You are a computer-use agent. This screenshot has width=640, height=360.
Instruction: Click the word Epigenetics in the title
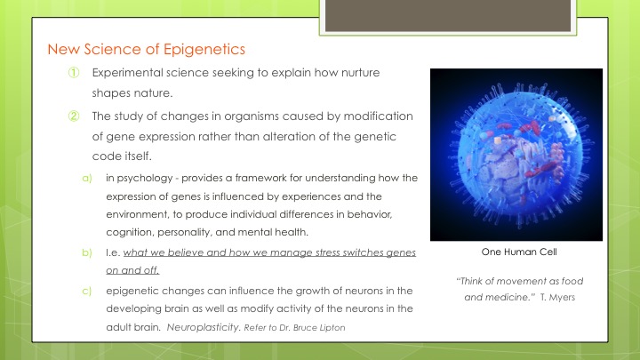pos(204,50)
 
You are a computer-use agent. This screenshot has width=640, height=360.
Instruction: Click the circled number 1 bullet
pos(74,73)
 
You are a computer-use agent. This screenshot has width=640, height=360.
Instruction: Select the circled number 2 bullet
pos(74,116)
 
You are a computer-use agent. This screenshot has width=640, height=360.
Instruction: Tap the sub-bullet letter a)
pos(87,179)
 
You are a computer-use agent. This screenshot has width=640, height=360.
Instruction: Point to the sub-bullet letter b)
pos(87,252)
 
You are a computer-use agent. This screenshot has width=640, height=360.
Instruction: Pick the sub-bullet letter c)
pos(86,291)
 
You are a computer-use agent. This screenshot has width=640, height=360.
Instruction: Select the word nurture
pos(360,73)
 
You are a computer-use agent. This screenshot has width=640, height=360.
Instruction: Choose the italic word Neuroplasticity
pos(204,327)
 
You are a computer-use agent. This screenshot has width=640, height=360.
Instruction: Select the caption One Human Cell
pos(519,252)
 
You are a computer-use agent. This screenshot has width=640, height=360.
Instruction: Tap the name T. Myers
pos(557,297)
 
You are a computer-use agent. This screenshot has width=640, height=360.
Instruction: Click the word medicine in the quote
pos(508,297)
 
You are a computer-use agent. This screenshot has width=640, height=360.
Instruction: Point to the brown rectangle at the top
pos(448,15)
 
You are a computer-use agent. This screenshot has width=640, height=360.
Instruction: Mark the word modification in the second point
pos(378,116)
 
